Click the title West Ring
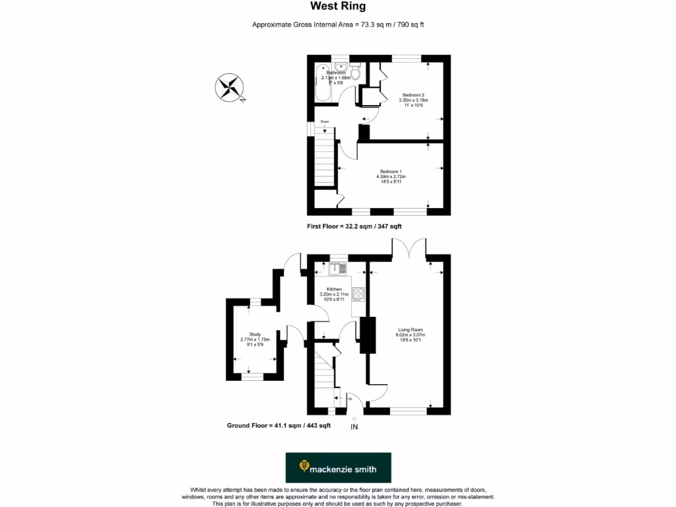pyautogui.click(x=338, y=7)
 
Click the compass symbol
pyautogui.click(x=229, y=88)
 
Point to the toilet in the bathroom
pyautogui.click(x=356, y=71)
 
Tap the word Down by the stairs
pyautogui.click(x=325, y=121)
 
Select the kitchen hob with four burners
pyautogui.click(x=358, y=294)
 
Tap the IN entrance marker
pyautogui.click(x=355, y=427)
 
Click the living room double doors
pyautogui.click(x=409, y=248)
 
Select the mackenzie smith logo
pyautogui.click(x=338, y=467)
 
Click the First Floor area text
pyautogui.click(x=355, y=226)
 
